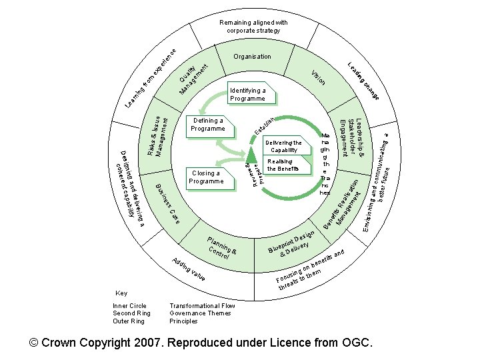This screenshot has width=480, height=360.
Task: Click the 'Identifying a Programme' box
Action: [x=247, y=95]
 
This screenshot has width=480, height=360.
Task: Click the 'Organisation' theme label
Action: [x=252, y=57]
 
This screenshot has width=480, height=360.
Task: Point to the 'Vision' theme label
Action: [x=319, y=77]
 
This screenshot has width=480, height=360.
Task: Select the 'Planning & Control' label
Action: [x=222, y=247]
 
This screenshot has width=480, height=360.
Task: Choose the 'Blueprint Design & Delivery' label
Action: [x=291, y=244]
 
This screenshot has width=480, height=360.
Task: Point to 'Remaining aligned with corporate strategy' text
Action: [x=253, y=26]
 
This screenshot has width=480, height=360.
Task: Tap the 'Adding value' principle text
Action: [x=188, y=269]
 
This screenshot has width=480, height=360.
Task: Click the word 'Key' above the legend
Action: [x=121, y=293]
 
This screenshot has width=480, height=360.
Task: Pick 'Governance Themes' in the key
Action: [x=200, y=313]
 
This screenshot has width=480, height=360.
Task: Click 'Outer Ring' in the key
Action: [x=129, y=321]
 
